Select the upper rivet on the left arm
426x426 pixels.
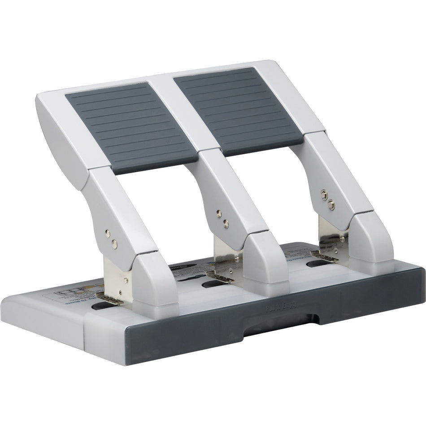108,233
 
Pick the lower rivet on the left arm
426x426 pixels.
114,243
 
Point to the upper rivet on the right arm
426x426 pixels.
324,194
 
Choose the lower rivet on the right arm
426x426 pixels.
330,204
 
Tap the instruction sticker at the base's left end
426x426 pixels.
67,289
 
